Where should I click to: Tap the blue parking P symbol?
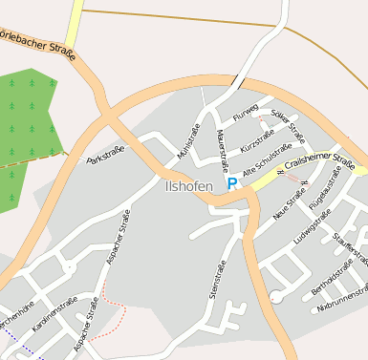(x=231, y=181)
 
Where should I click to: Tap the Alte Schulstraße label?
(x=267, y=161)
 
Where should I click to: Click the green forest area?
(x=29, y=119)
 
